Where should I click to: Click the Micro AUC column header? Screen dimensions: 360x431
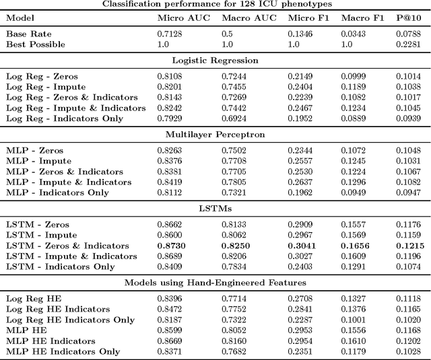coord(180,18)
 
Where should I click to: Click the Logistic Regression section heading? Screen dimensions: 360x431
coord(214,61)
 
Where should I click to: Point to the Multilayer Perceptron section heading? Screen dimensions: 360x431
coord(214,134)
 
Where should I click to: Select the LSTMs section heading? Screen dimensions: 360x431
coord(214,208)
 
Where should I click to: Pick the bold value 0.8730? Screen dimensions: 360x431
coord(172,246)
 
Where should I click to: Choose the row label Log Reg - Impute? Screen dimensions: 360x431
coord(46,87)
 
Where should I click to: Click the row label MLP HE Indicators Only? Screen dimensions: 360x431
coord(63,351)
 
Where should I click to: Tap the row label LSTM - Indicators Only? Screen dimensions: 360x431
coord(61,266)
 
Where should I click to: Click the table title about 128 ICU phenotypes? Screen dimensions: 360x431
coord(214,4)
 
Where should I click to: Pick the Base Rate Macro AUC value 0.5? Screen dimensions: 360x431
coord(228,34)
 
